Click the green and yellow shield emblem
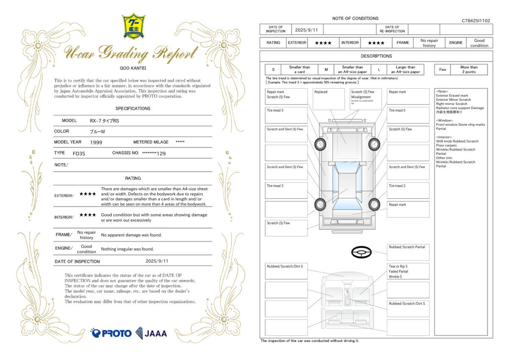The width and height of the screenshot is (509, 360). click(x=134, y=26)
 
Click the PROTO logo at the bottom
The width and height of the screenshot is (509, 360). click(x=111, y=333)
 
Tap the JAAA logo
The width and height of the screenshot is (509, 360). click(x=151, y=333)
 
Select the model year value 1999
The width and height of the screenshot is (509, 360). click(x=96, y=143)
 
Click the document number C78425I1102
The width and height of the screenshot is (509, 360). click(x=475, y=20)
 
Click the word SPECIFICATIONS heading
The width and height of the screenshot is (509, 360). click(x=133, y=109)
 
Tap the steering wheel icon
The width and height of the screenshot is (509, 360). click(x=361, y=252)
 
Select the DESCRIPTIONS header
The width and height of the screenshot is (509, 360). click(x=376, y=56)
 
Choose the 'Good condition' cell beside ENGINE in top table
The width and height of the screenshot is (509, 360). click(x=479, y=43)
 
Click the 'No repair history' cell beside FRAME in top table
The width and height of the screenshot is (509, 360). click(x=429, y=43)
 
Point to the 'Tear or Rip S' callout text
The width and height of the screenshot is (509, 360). click(x=398, y=267)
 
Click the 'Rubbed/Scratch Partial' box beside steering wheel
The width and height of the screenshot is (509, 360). click(x=408, y=252)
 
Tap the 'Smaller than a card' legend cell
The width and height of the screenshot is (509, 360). click(x=299, y=70)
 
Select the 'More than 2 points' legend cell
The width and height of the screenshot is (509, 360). click(x=469, y=70)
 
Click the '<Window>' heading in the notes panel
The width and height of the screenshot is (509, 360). click(x=445, y=121)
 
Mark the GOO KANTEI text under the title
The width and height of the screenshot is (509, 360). click(x=132, y=67)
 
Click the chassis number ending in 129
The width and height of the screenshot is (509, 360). click(x=154, y=153)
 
